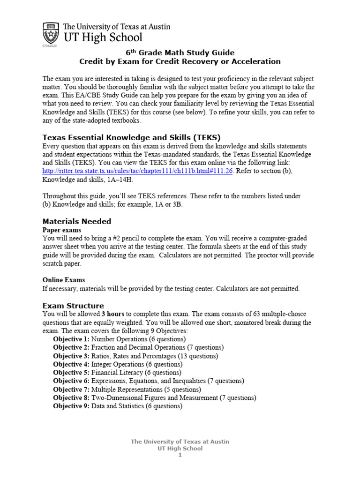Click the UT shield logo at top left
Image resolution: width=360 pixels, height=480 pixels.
coord(50,33)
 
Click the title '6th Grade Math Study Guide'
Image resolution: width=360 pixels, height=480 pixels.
coord(180,52)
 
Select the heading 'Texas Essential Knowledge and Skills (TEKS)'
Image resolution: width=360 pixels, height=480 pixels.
coord(131,137)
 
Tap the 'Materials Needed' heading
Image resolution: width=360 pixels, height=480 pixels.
coord(77,221)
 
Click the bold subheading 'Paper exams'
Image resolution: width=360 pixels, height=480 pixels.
coord(62,230)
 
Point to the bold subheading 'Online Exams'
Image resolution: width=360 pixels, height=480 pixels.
coord(64,280)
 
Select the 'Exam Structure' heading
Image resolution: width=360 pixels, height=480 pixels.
coord(73,306)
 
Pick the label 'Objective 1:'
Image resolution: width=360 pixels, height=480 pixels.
coord(71,339)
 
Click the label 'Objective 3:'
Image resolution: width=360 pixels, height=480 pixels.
coord(71,356)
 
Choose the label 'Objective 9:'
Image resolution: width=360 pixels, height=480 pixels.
coord(71,406)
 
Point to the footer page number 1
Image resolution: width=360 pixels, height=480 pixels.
coord(180,455)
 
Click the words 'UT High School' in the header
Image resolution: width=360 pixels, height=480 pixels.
coord(100,37)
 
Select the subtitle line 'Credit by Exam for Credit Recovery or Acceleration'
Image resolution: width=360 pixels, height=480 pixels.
coord(180,61)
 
